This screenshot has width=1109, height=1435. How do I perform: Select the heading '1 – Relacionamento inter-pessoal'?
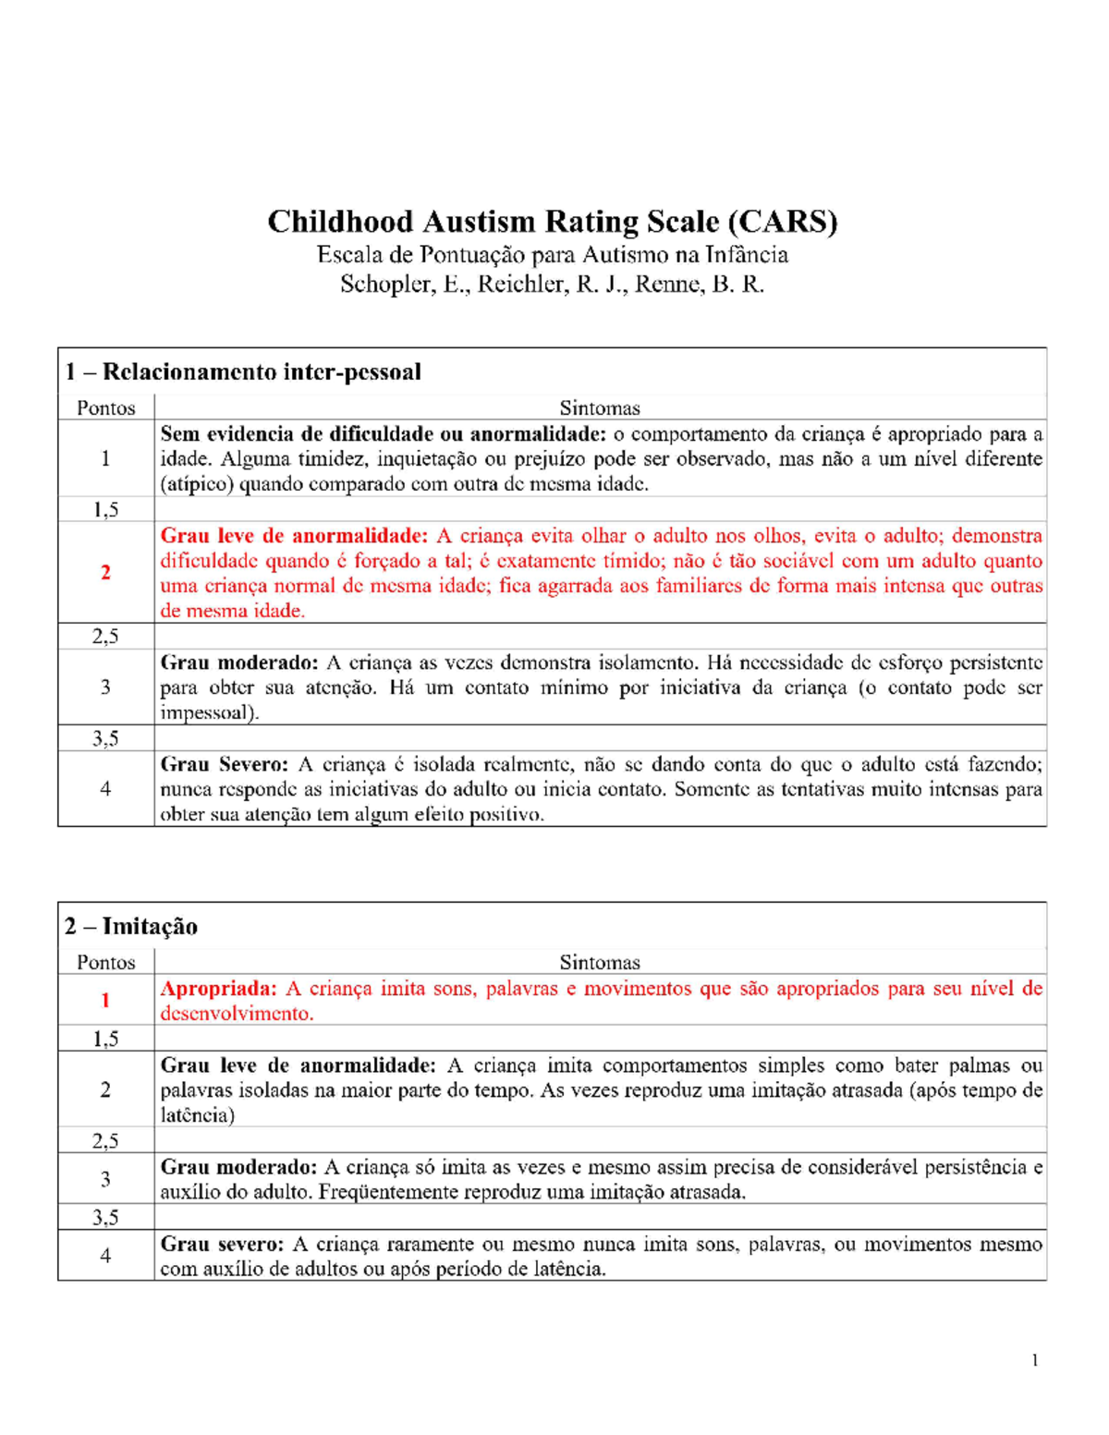(x=243, y=371)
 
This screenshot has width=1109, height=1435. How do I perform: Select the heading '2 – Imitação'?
(x=131, y=926)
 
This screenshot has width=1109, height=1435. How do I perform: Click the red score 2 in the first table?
(x=105, y=573)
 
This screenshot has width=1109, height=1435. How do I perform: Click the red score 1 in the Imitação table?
(x=105, y=1001)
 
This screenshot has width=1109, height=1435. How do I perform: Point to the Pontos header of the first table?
(x=105, y=407)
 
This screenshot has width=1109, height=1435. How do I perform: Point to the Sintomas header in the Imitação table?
(x=599, y=962)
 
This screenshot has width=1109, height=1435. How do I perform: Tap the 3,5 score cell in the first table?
(x=105, y=738)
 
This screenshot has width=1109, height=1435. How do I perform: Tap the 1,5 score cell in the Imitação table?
(x=105, y=1039)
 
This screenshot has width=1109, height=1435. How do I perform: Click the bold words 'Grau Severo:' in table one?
(x=225, y=764)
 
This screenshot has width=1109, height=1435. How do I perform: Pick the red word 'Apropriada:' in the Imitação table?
(x=218, y=988)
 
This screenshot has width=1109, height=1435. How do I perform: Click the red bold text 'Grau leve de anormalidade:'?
(x=294, y=536)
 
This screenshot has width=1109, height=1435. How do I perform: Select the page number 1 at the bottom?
(x=1034, y=1359)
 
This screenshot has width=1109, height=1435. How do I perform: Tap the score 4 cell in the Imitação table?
(x=105, y=1256)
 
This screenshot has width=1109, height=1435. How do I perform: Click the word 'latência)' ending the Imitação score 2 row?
(x=197, y=1115)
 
